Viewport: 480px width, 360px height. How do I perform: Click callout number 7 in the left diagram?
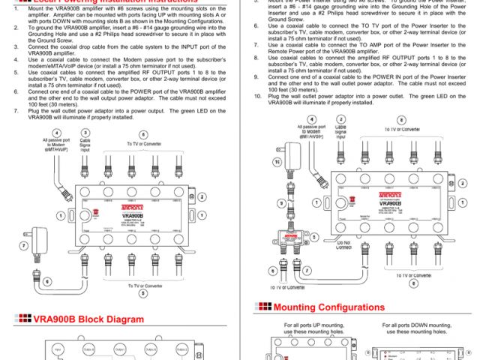tap(22, 245)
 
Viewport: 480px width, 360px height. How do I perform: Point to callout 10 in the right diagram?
tap(277, 161)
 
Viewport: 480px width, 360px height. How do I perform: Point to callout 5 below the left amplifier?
tap(143, 293)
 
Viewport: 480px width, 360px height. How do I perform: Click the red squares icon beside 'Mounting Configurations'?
tap(263, 307)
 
